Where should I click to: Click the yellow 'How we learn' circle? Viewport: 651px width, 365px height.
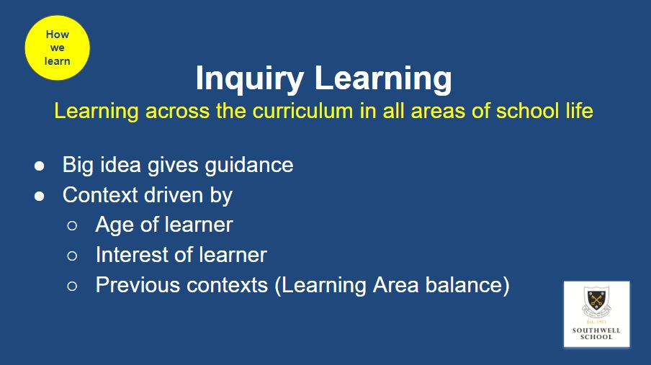[58, 48]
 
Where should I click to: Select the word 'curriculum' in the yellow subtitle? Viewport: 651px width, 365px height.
[303, 111]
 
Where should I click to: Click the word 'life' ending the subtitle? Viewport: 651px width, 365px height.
[579, 111]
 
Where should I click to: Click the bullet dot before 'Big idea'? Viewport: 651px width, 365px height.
[40, 166]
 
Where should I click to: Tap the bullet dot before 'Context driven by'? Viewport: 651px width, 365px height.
[40, 196]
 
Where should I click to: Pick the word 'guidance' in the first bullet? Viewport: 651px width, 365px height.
[249, 166]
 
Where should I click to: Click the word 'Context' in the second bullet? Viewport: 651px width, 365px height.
[100, 195]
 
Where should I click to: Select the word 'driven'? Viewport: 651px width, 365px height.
[174, 195]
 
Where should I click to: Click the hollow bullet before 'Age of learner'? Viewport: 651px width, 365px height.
[72, 226]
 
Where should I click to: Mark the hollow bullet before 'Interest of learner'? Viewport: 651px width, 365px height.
[72, 256]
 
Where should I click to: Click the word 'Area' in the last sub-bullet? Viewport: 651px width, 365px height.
[395, 285]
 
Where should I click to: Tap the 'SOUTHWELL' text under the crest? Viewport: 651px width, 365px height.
[596, 330]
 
